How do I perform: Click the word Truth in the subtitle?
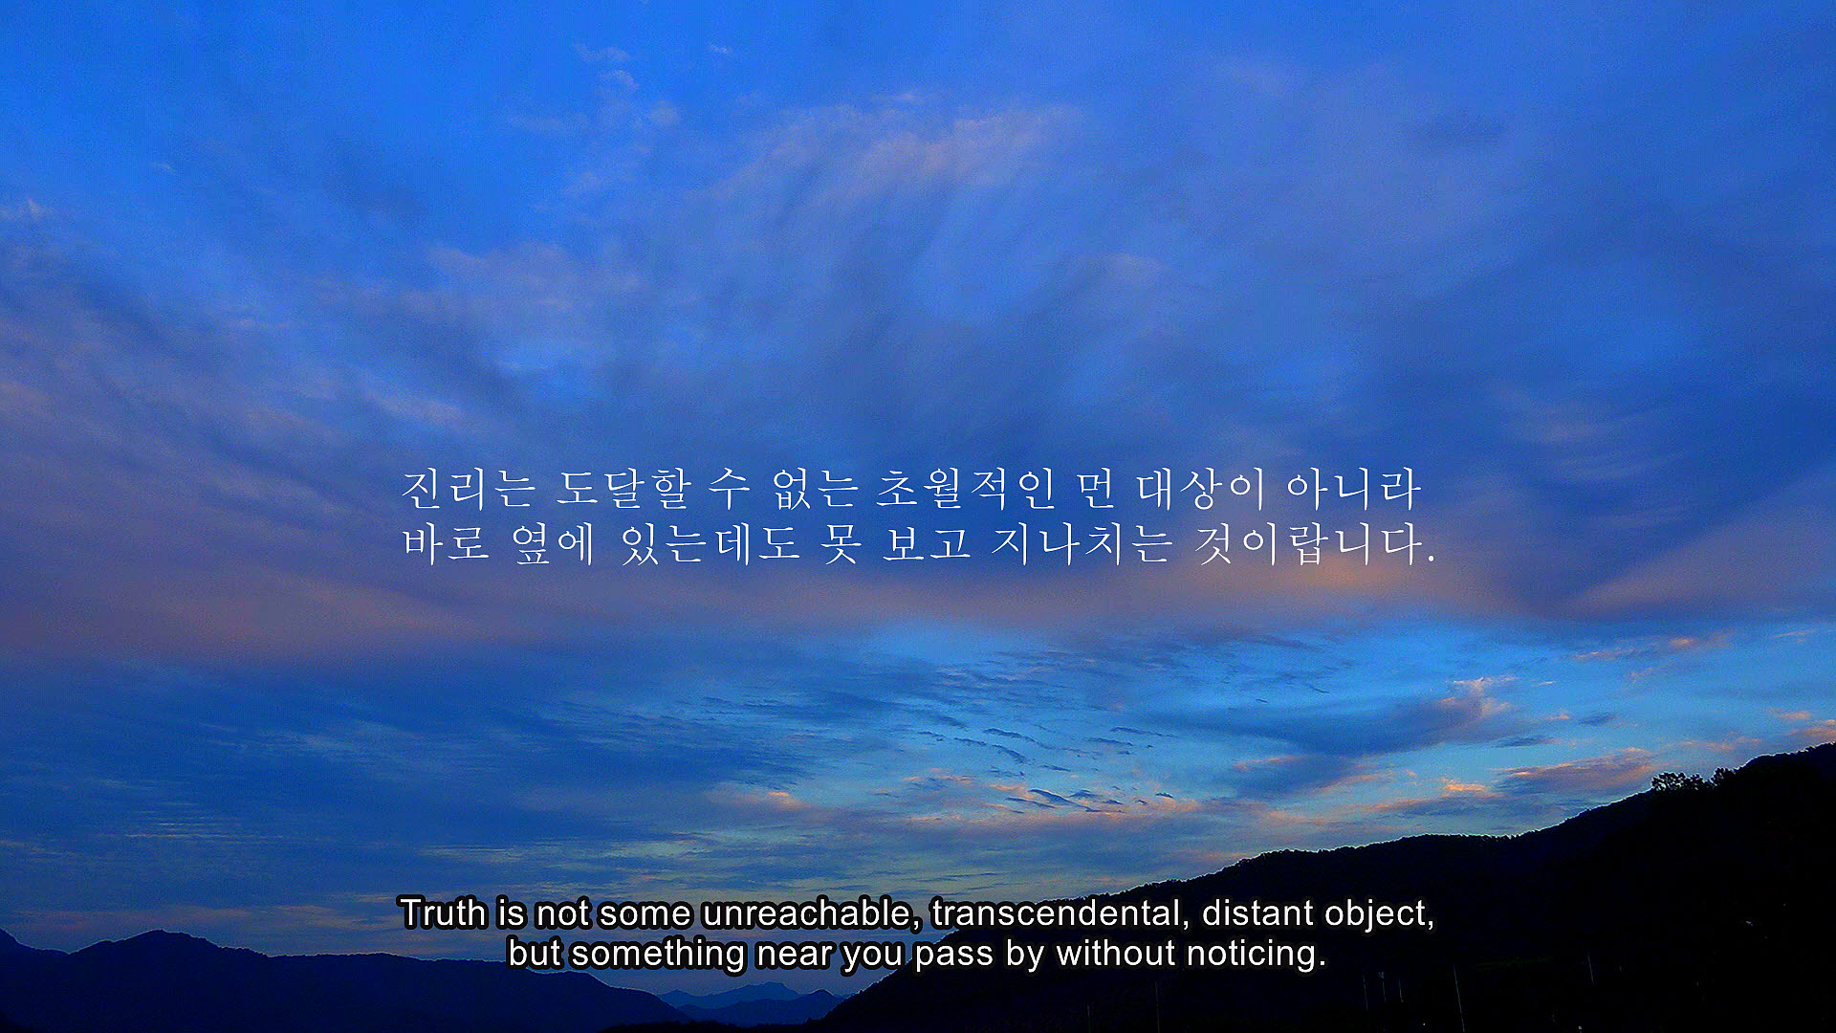(443, 913)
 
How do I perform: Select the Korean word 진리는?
(469, 490)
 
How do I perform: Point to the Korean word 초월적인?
(966, 490)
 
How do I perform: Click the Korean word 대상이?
(1202, 490)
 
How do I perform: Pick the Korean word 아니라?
(1354, 490)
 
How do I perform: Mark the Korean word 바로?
(446, 543)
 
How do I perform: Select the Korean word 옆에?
(553, 543)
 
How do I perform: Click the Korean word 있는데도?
(710, 543)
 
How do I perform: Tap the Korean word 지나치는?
(1081, 543)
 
